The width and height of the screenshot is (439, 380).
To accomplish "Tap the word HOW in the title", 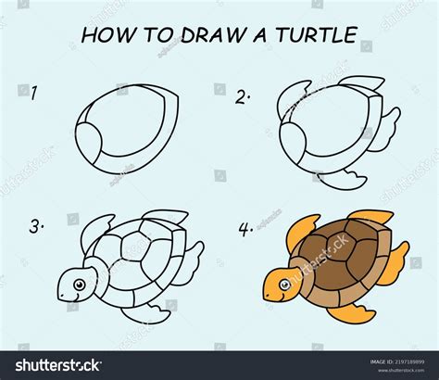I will point(108,36).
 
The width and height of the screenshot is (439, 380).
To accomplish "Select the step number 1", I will point(33,92).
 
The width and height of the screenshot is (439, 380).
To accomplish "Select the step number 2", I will point(244,95).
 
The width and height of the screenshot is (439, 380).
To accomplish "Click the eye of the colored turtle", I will point(279,281).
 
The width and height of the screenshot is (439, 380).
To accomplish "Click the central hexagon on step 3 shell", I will point(133,255).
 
